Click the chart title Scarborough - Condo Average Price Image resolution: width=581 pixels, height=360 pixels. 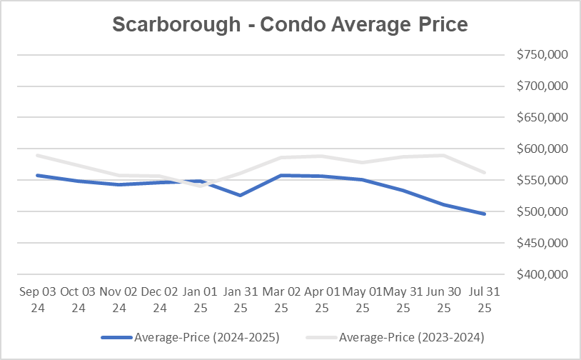coord(290,24)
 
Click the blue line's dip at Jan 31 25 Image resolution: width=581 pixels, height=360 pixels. coord(240,195)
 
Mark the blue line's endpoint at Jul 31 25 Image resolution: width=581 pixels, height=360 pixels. coord(485,214)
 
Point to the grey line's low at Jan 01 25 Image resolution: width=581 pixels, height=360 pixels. coord(199,186)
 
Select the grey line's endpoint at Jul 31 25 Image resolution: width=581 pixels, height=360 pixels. coord(485,172)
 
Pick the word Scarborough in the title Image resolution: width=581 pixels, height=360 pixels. coord(178,24)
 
